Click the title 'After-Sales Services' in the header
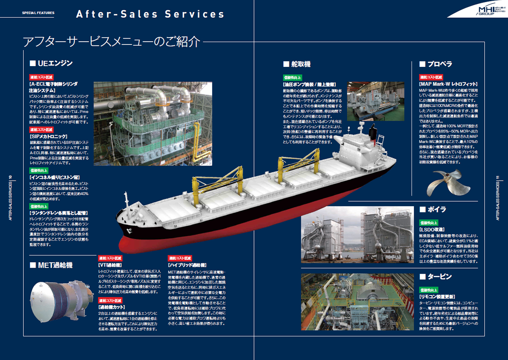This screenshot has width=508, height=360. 150,14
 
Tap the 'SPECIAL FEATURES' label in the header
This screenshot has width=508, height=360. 38,13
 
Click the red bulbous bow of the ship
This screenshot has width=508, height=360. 131,246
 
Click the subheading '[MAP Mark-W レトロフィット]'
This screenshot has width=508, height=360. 448,84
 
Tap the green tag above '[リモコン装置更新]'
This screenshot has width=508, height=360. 429,290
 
